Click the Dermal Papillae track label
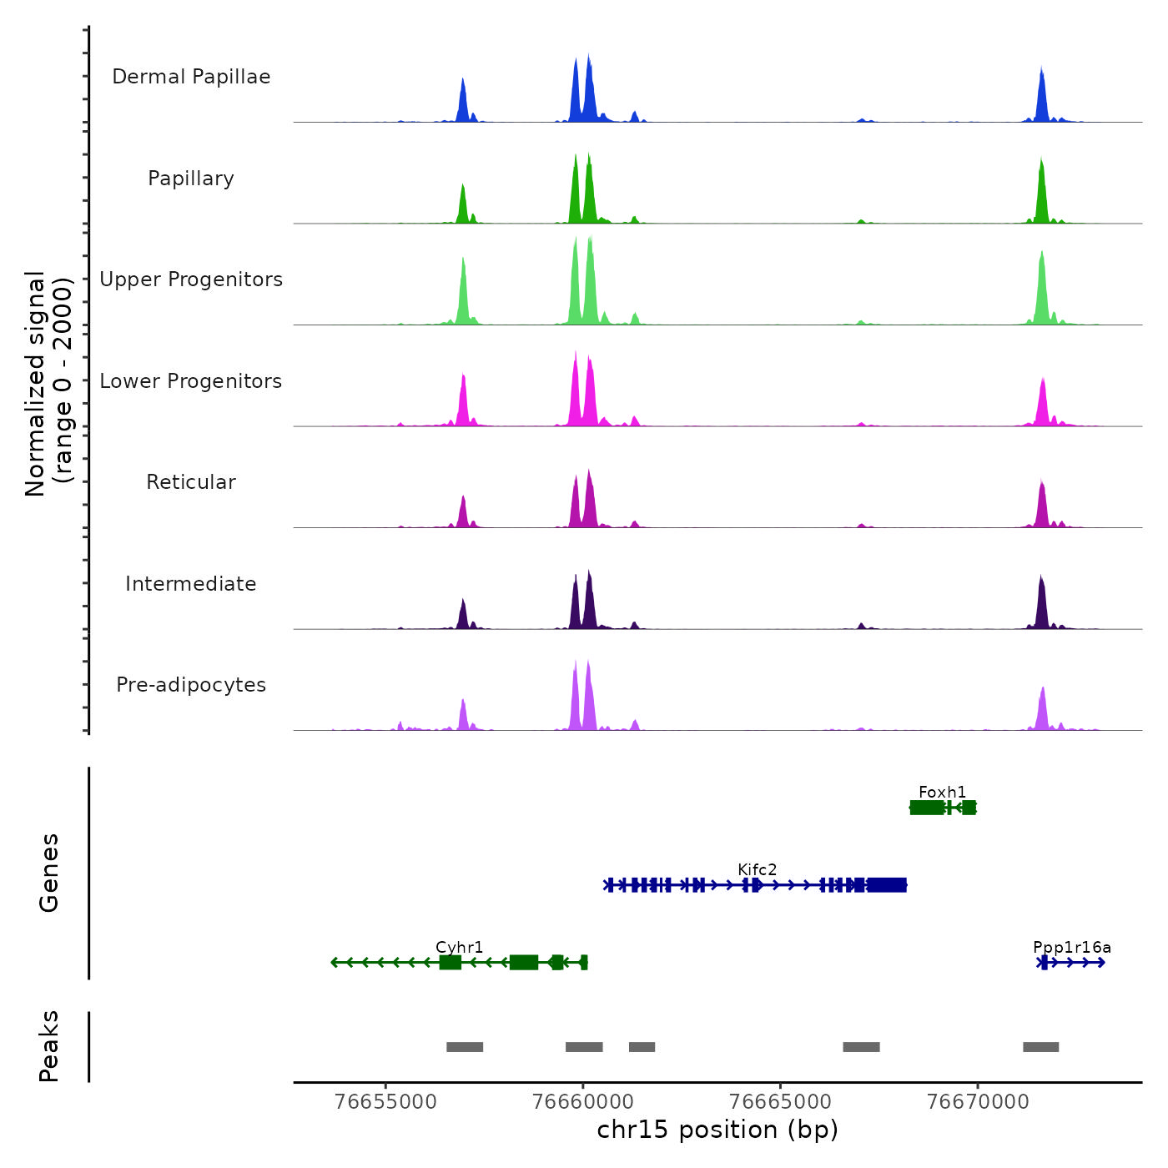(x=191, y=77)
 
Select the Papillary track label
(x=191, y=179)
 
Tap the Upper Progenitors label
(x=191, y=279)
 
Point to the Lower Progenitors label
(x=191, y=381)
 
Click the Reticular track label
(x=191, y=482)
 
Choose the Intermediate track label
(x=191, y=584)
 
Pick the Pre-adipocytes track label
(x=191, y=685)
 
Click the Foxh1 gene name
(x=942, y=792)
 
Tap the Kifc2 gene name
(x=757, y=869)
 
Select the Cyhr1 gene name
(x=459, y=947)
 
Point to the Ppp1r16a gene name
(x=1071, y=947)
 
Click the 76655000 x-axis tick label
(x=385, y=1101)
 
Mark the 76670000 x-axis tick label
(x=978, y=1101)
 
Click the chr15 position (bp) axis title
(x=717, y=1130)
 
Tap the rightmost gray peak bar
(x=1040, y=1047)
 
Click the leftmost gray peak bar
(x=465, y=1047)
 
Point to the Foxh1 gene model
(x=942, y=808)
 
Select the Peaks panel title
(x=49, y=1046)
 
